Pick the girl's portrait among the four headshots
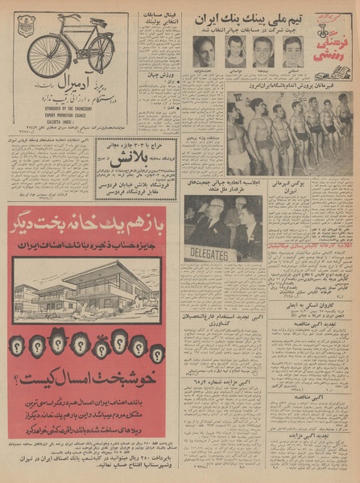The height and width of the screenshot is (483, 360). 235,51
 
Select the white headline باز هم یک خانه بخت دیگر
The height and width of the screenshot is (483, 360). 89,222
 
